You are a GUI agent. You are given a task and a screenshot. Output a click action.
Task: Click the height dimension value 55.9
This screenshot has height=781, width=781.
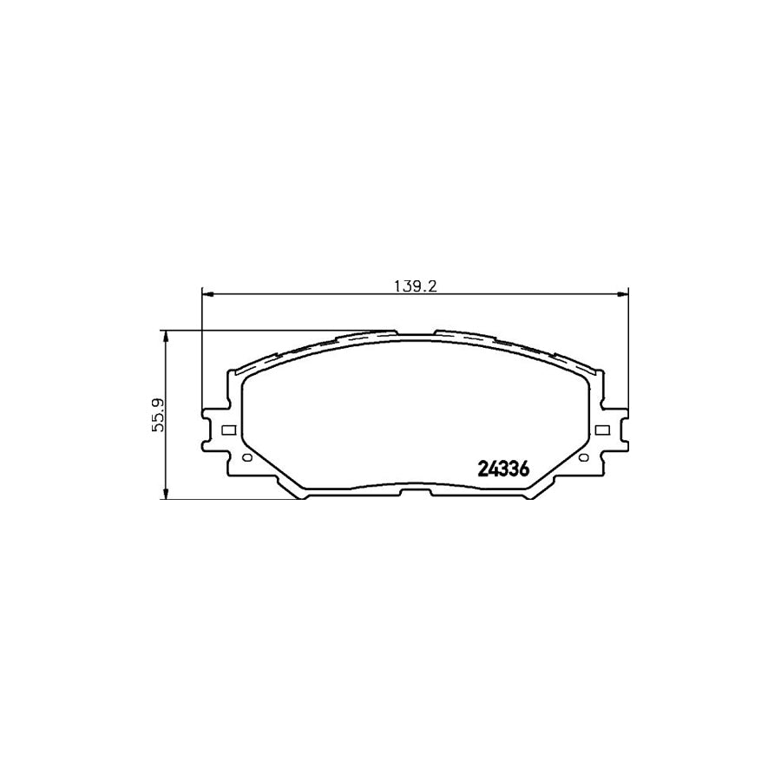156,413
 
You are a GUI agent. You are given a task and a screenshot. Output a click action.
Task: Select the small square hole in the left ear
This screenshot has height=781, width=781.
228,430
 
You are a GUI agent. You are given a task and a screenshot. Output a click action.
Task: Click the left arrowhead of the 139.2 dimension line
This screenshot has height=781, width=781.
207,295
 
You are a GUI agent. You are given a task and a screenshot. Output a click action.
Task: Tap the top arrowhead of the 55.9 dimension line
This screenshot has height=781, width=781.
165,335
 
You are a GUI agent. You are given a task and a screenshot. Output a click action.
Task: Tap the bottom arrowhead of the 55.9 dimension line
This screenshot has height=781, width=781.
165,494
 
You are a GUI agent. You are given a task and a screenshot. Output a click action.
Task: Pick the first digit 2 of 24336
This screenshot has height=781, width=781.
483,469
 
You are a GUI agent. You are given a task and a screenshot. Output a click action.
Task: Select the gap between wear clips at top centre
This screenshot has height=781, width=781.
415,333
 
